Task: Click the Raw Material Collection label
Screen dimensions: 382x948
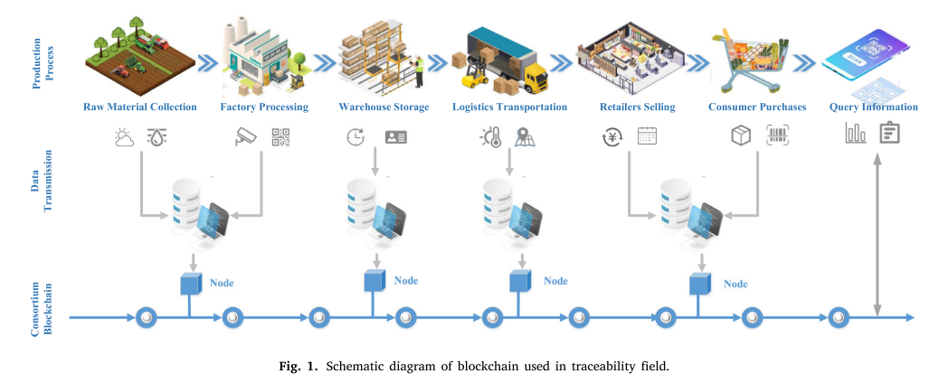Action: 139,107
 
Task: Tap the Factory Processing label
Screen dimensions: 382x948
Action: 264,107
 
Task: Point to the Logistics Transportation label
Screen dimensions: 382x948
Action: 509,107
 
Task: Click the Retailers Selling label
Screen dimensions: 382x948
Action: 637,107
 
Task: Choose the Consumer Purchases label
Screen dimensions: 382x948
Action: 757,107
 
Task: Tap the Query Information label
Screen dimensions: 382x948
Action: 873,107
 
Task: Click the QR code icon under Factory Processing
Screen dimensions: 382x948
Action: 281,137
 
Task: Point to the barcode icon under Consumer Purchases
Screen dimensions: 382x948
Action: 777,136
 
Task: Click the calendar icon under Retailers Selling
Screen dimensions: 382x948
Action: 647,137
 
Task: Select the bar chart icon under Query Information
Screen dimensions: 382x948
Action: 855,135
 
